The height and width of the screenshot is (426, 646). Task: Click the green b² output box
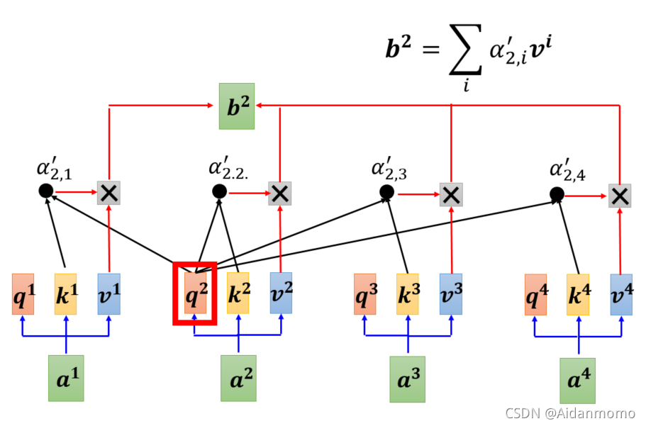pyautogui.click(x=236, y=106)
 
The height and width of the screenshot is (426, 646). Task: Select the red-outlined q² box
pyautogui.click(x=194, y=293)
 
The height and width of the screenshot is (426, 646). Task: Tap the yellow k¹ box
pyautogui.click(x=65, y=293)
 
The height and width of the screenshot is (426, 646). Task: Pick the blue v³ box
pyautogui.click(x=451, y=293)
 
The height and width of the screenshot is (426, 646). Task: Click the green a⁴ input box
pyautogui.click(x=578, y=380)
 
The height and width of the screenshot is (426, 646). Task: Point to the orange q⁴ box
pyautogui.click(x=536, y=294)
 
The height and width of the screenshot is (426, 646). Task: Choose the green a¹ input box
pyautogui.click(x=65, y=378)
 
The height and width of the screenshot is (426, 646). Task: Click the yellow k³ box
pyautogui.click(x=408, y=294)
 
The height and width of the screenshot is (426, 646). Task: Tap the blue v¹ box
pyautogui.click(x=108, y=293)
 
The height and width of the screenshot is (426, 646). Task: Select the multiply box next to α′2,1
pyautogui.click(x=108, y=191)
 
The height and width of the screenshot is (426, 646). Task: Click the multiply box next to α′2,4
pyautogui.click(x=620, y=195)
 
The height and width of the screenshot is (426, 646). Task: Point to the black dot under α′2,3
pyautogui.click(x=386, y=192)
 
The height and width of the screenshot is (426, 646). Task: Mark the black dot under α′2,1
pyautogui.click(x=45, y=190)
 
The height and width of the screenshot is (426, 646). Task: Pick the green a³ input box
pyautogui.click(x=408, y=379)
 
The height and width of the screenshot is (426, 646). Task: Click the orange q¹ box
pyautogui.click(x=23, y=293)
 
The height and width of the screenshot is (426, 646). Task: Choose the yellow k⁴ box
pyautogui.click(x=578, y=294)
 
